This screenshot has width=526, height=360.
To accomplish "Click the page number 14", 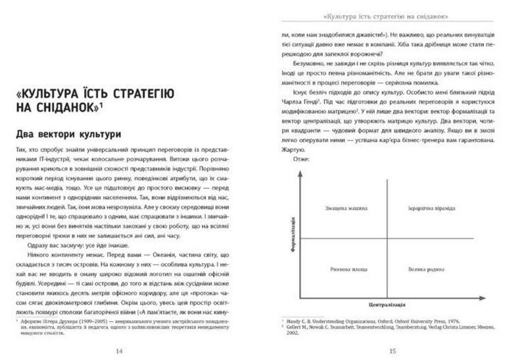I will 118,350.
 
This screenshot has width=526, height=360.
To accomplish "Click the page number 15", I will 392,350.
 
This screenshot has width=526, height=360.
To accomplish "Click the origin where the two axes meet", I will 301,296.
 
